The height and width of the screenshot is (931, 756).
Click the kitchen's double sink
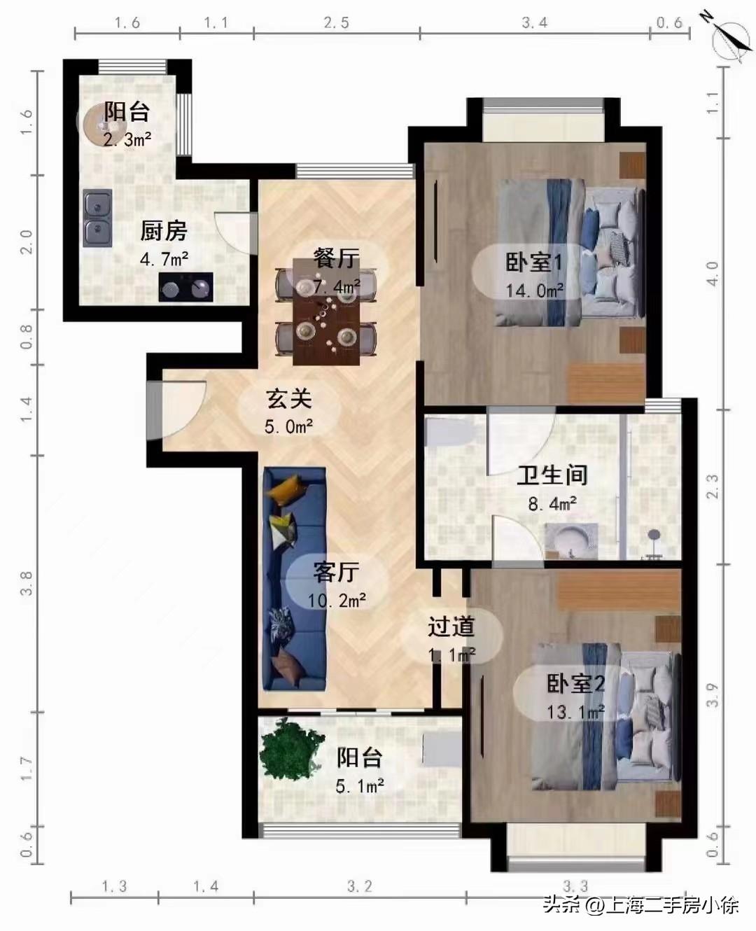pyautogui.click(x=97, y=218)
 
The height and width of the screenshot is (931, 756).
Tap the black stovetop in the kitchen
pyautogui.click(x=185, y=287)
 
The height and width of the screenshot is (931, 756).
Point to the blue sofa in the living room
pyautogui.click(x=294, y=577)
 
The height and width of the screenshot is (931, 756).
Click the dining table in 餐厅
pyautogui.click(x=326, y=311)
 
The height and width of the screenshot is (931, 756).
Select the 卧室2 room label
pyautogui.click(x=575, y=684)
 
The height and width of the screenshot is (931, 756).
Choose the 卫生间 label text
pyautogui.click(x=552, y=475)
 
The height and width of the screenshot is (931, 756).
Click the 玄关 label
pyautogui.click(x=288, y=399)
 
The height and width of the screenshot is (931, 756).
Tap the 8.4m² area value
pyautogui.click(x=552, y=503)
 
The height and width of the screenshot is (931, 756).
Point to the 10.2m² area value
pyautogui.click(x=337, y=600)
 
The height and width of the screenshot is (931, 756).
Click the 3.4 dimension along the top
pyautogui.click(x=534, y=23)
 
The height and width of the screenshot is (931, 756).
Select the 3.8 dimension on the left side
pyautogui.click(x=27, y=583)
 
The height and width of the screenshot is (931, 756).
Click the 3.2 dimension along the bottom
pyautogui.click(x=360, y=887)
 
